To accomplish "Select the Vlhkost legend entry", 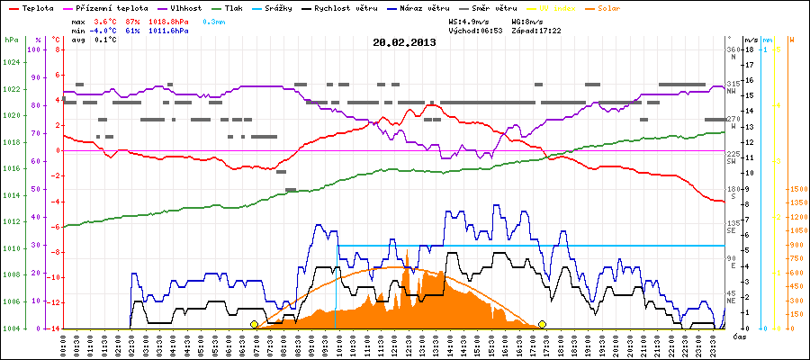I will coord(185,7).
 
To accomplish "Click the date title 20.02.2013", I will coord(404,41).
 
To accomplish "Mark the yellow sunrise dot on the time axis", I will coord(254,324).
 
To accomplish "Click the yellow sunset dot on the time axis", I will coord(543,324).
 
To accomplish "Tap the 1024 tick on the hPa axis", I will coord(11,62).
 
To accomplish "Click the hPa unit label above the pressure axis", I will coord(11,40).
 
